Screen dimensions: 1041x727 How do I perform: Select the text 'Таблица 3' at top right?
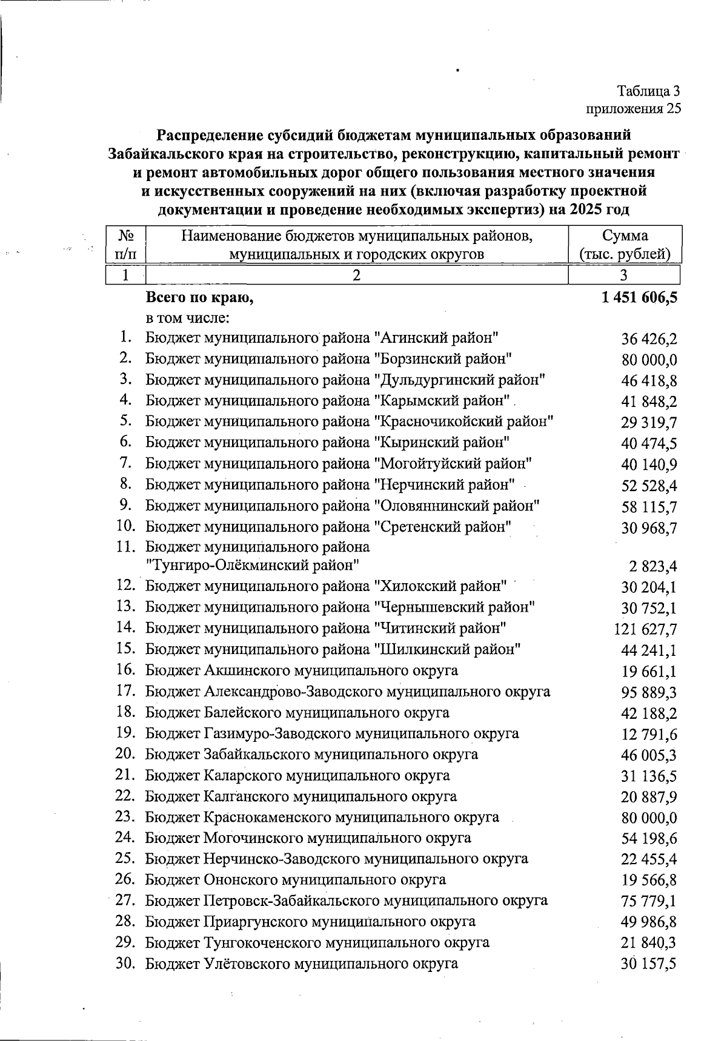(648, 91)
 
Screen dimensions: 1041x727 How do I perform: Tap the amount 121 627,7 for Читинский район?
(646, 630)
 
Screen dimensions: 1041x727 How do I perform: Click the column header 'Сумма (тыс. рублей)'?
(625, 245)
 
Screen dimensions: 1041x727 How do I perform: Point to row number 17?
(125, 690)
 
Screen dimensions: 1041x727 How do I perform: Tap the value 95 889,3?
(649, 692)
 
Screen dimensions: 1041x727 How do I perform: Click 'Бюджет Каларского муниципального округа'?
(297, 775)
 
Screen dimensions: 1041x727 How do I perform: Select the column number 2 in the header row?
(357, 276)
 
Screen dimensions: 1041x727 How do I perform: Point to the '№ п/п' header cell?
(125, 245)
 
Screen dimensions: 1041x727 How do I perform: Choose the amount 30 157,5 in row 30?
(648, 964)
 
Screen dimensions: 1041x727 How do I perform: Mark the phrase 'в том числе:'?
(186, 317)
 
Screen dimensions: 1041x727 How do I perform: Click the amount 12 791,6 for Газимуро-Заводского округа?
(649, 735)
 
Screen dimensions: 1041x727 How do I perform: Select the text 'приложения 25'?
(632, 109)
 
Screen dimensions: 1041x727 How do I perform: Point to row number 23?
(125, 816)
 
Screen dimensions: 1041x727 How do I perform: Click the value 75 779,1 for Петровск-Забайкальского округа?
(649, 901)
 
